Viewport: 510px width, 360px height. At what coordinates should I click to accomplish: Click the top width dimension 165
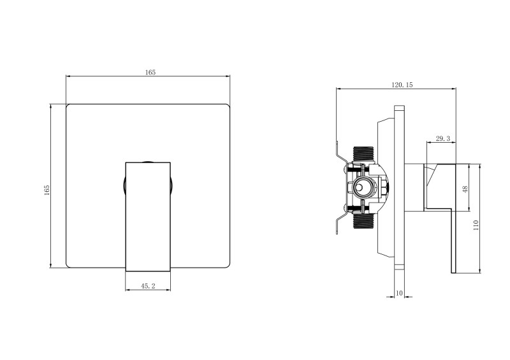[x=150, y=73]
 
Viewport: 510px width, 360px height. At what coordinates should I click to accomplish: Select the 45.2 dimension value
[x=148, y=287]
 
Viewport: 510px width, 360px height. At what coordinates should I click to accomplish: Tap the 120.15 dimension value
[x=403, y=85]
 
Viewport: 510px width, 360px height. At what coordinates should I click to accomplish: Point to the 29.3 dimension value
[x=442, y=138]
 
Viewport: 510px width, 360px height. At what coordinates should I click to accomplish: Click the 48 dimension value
[x=465, y=189]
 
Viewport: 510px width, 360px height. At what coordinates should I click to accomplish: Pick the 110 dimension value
[x=476, y=224]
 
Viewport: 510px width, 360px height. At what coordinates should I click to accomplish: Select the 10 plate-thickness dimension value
[x=399, y=292]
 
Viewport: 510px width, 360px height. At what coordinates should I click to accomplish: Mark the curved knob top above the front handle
[x=148, y=161]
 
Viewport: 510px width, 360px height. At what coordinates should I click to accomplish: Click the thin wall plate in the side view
[x=399, y=191]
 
